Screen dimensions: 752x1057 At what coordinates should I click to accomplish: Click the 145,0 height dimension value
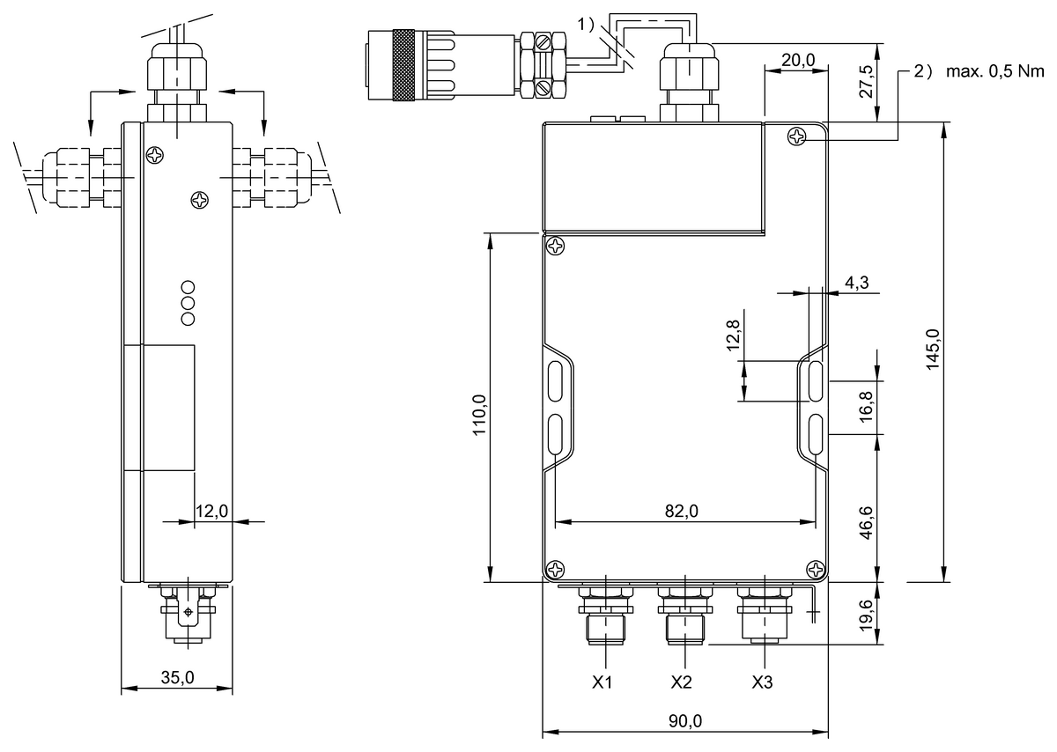coord(933,350)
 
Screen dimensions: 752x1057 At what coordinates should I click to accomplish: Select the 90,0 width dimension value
coord(684,719)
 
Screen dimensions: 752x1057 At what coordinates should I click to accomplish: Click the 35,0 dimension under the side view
coord(177,677)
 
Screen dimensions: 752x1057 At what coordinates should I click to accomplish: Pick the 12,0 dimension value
coord(211,511)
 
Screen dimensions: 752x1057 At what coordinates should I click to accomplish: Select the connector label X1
coord(602,682)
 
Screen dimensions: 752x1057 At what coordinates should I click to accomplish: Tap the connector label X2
coord(681,682)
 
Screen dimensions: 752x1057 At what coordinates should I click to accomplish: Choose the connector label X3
coord(763,682)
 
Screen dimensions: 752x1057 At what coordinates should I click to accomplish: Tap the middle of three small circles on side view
coord(187,302)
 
